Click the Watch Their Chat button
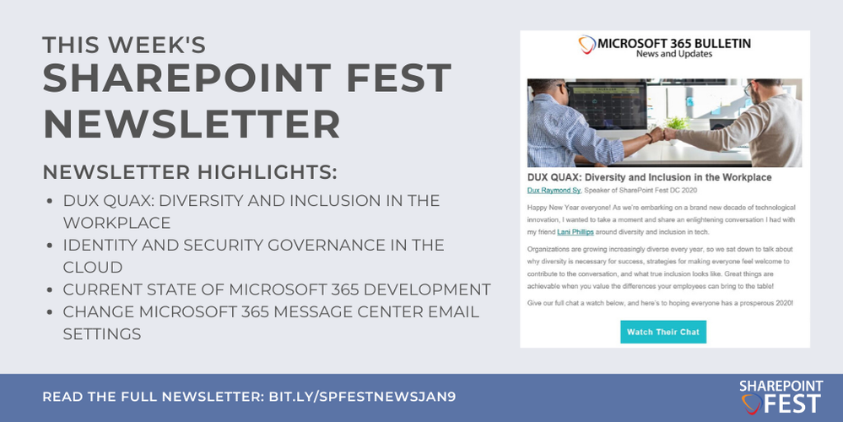[662, 332]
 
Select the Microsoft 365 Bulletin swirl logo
[586, 46]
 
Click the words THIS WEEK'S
[124, 44]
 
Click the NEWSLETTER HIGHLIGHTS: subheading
[190, 173]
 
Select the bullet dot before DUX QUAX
[50, 201]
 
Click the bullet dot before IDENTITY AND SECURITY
[50, 246]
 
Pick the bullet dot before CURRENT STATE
[50, 290]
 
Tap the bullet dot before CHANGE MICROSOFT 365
[50, 312]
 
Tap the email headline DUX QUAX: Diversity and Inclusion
[649, 177]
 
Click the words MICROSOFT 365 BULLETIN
[674, 42]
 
